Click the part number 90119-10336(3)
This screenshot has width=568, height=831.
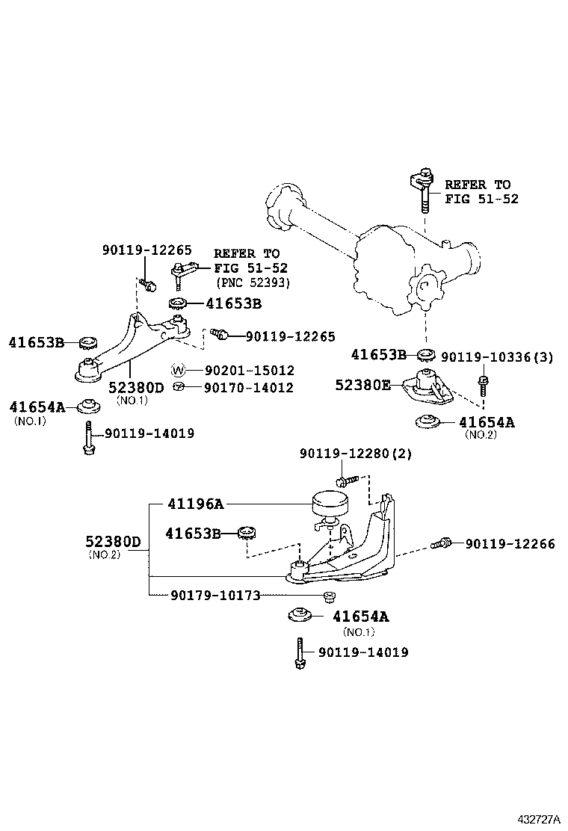pos(497,357)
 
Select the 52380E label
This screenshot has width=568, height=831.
pos(362,384)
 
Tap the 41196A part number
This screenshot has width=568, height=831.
pos(194,504)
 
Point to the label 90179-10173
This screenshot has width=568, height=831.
pos(215,596)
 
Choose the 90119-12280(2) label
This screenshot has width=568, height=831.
pos(356,454)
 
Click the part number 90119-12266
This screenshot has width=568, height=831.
pos(510,544)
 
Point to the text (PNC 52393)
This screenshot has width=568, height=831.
pos(253,282)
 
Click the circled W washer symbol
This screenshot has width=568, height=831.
pos(178,371)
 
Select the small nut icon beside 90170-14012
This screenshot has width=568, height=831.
pos(178,387)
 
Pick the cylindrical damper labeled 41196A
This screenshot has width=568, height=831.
pos(329,503)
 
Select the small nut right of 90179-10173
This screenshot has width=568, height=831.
pos(327,596)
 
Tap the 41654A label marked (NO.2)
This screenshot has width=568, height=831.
pos(487,422)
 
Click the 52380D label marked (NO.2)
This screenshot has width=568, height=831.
pos(112,541)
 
